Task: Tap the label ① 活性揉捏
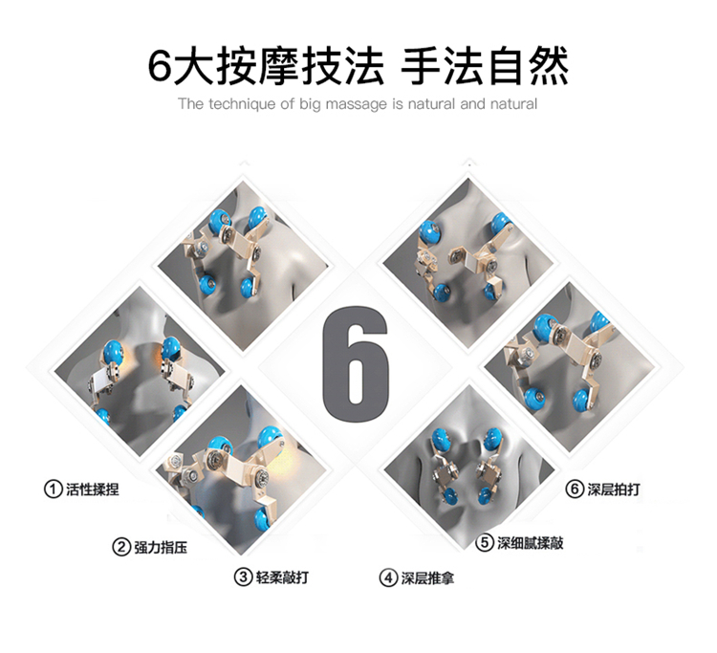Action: click(x=81, y=489)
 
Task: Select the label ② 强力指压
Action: click(x=149, y=547)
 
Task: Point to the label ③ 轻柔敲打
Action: click(x=272, y=577)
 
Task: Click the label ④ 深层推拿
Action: click(x=416, y=578)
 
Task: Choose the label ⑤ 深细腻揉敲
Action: click(x=519, y=543)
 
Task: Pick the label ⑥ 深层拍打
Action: click(x=602, y=489)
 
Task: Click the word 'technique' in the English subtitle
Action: click(x=243, y=104)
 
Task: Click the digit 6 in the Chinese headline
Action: click(x=161, y=67)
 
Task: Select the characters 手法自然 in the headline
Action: click(x=485, y=67)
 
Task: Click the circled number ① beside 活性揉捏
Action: click(x=53, y=489)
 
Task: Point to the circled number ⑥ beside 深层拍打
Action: click(x=575, y=489)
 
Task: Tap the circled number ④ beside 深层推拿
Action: click(x=388, y=578)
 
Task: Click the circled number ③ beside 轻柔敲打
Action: click(x=243, y=577)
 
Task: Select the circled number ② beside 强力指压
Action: click(x=121, y=547)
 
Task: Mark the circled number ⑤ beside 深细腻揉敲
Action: click(x=485, y=543)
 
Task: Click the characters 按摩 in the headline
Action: click(x=257, y=67)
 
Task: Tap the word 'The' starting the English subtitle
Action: click(x=190, y=104)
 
